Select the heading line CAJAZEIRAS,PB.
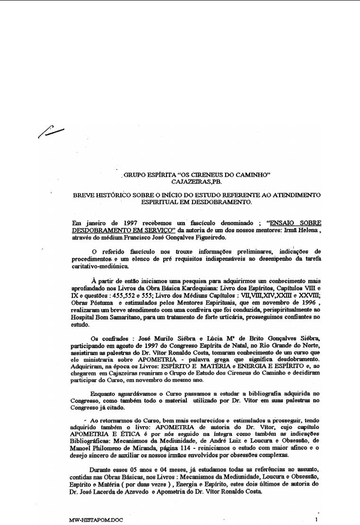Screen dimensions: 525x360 [196, 181]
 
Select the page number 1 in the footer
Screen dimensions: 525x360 [316, 519]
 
